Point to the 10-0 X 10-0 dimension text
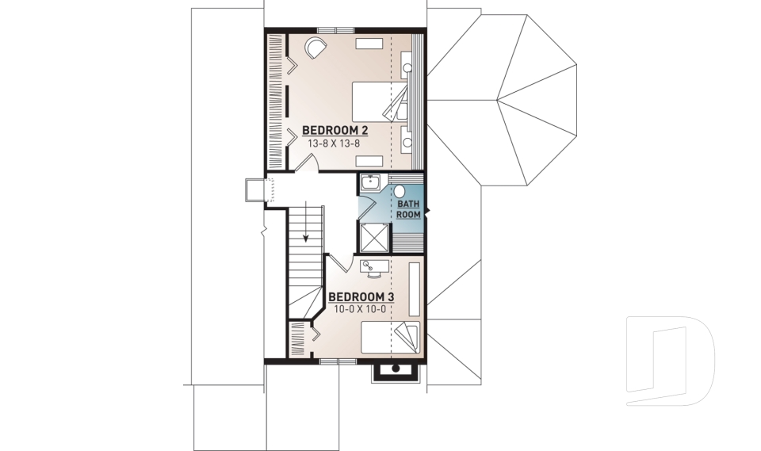pyautogui.click(x=361, y=309)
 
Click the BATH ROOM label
pyautogui.click(x=407, y=209)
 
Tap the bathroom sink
pyautogui.click(x=370, y=183)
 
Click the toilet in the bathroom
pyautogui.click(x=400, y=191)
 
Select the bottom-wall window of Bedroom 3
pyautogui.click(x=338, y=361)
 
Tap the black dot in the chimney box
pyautogui.click(x=394, y=369)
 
